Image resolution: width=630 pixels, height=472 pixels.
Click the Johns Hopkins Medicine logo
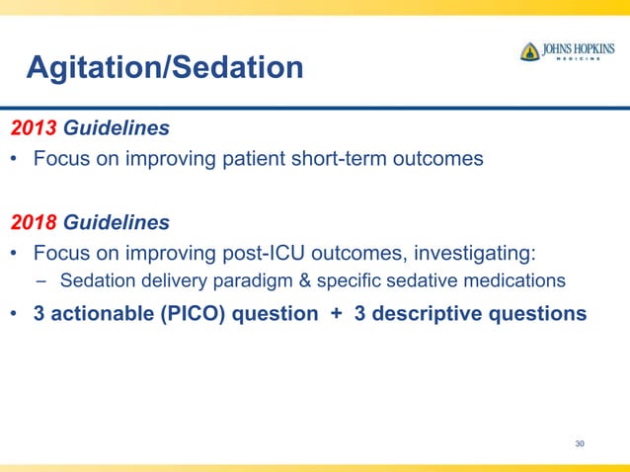(567, 51)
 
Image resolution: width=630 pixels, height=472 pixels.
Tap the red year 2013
(34, 128)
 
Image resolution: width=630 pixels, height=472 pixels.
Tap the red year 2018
(34, 222)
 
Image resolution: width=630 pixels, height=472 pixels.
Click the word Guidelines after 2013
(117, 128)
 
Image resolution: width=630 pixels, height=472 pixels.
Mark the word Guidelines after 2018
(117, 222)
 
